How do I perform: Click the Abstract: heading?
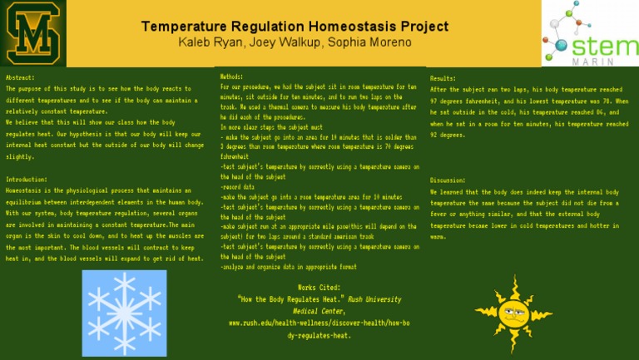click(21, 77)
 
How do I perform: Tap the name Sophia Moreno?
click(351, 42)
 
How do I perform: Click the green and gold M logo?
click(34, 33)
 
